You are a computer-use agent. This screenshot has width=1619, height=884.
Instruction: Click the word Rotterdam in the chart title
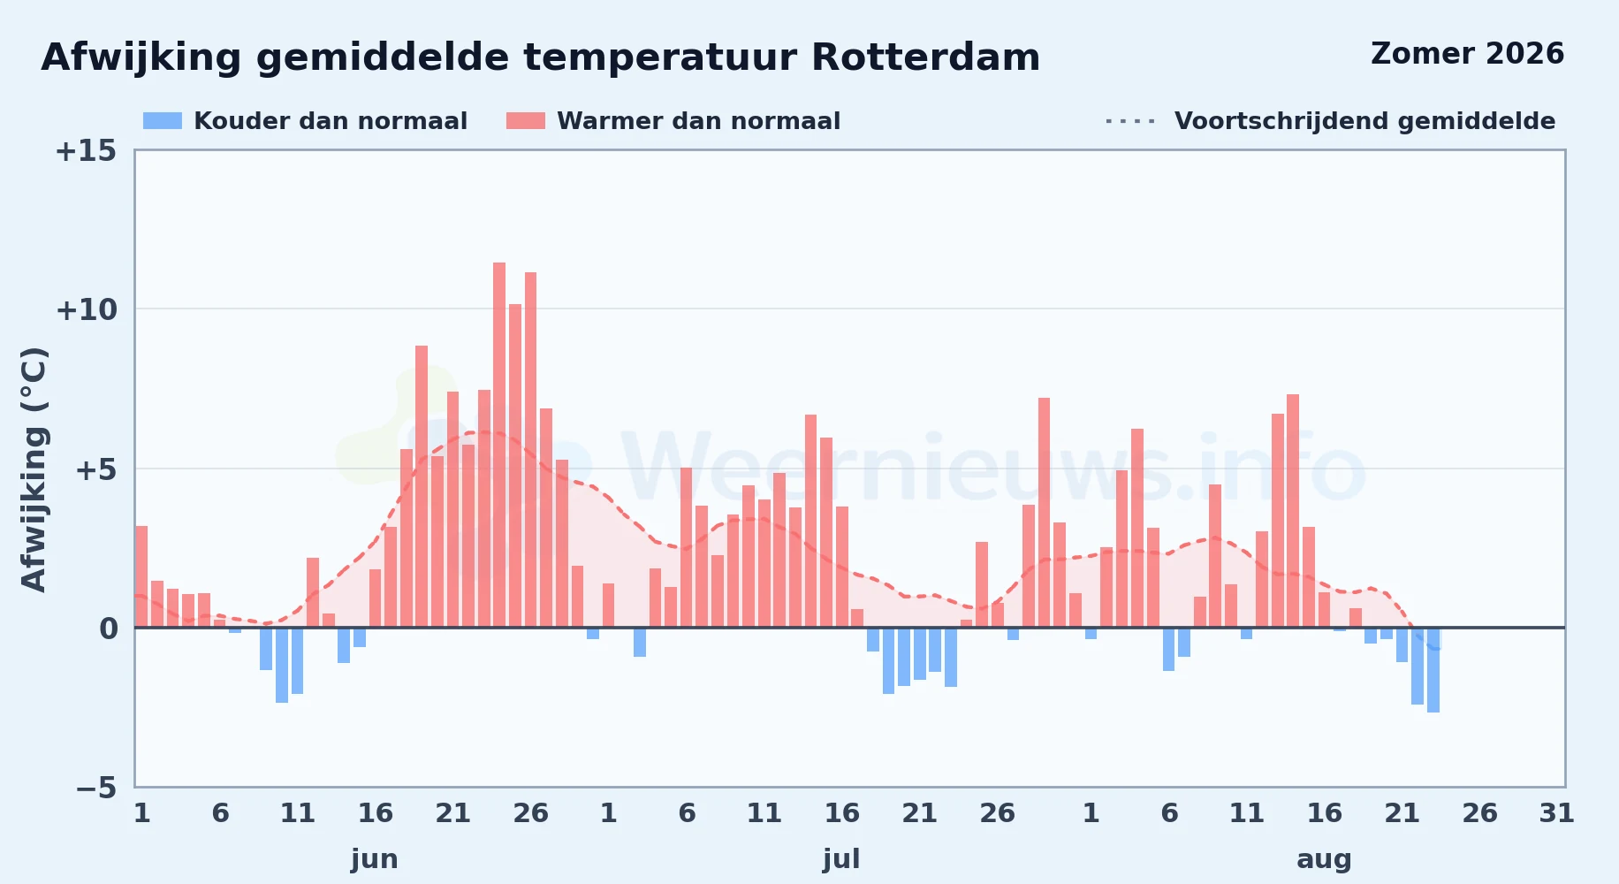[x=925, y=57]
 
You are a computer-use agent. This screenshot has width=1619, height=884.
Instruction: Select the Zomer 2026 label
[x=1467, y=54]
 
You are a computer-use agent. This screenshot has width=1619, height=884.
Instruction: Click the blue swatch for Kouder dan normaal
[x=163, y=121]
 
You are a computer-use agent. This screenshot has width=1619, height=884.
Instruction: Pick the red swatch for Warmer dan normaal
[x=526, y=121]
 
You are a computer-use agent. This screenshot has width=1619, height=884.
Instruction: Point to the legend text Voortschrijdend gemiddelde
[x=1364, y=121]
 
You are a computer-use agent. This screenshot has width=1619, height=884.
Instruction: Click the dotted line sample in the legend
[x=1130, y=121]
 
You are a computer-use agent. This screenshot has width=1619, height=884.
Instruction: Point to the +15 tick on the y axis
[x=86, y=151]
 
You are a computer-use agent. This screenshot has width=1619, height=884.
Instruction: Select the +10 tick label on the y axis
[x=86, y=310]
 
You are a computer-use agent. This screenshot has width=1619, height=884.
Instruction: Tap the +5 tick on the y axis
[x=95, y=469]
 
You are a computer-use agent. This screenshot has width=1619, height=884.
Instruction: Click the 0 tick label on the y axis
[x=108, y=629]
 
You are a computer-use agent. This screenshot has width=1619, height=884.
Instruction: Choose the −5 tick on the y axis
[x=96, y=788]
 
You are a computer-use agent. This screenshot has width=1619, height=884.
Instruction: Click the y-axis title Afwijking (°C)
[x=34, y=469]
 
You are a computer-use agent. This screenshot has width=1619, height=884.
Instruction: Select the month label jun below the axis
[x=375, y=859]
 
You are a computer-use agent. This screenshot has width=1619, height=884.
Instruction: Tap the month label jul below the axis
[x=841, y=859]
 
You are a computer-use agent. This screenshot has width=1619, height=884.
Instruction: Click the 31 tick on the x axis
[x=1557, y=813]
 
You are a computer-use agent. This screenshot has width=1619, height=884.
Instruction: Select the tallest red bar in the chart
[x=499, y=445]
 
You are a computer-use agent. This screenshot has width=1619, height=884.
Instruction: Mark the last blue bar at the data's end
[x=1433, y=670]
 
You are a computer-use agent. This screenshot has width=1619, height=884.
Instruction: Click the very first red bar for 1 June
[x=141, y=576]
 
